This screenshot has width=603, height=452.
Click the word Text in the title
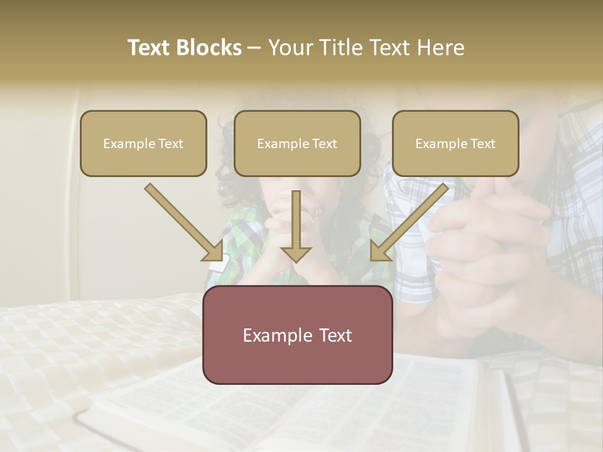tap(151, 48)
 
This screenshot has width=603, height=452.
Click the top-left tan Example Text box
tap(143, 144)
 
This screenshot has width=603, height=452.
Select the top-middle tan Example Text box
tap(297, 144)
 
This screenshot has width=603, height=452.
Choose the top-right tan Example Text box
tap(455, 144)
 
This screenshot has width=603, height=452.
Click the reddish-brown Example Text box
tap(297, 335)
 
